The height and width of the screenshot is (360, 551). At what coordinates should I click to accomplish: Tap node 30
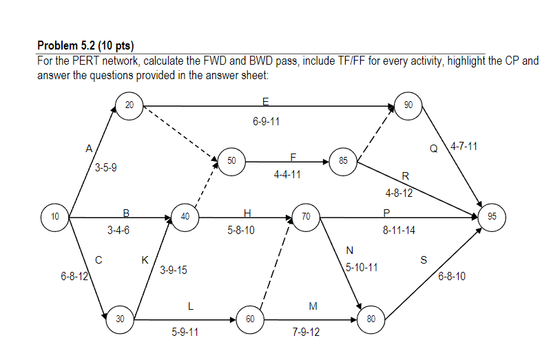121,319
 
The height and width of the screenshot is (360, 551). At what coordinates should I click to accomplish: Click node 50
231,160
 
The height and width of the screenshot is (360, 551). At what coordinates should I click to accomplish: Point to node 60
250,319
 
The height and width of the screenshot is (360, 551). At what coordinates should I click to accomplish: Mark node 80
371,319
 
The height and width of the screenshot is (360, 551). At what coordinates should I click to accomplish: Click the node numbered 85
342,161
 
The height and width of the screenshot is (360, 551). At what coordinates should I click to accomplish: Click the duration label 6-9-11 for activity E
266,122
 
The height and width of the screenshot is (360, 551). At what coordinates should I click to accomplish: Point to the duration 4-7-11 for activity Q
464,147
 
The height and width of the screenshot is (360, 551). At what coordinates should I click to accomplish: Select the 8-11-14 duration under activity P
399,230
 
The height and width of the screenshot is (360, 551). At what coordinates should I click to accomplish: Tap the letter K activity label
145,260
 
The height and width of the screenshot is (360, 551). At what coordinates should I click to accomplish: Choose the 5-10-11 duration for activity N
362,266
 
